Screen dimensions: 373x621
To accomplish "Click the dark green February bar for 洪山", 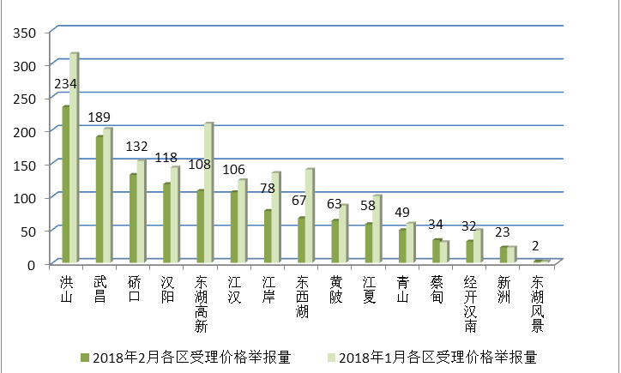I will point(66,184).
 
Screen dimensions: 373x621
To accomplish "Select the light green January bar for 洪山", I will point(75,158).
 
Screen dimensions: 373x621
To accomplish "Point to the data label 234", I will point(66,84).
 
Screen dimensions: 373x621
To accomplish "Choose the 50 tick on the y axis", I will point(27,231).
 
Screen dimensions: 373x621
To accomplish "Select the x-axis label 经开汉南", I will point(470,304).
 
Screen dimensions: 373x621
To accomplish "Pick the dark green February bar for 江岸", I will point(268,236).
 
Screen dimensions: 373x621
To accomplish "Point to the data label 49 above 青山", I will point(403,213).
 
